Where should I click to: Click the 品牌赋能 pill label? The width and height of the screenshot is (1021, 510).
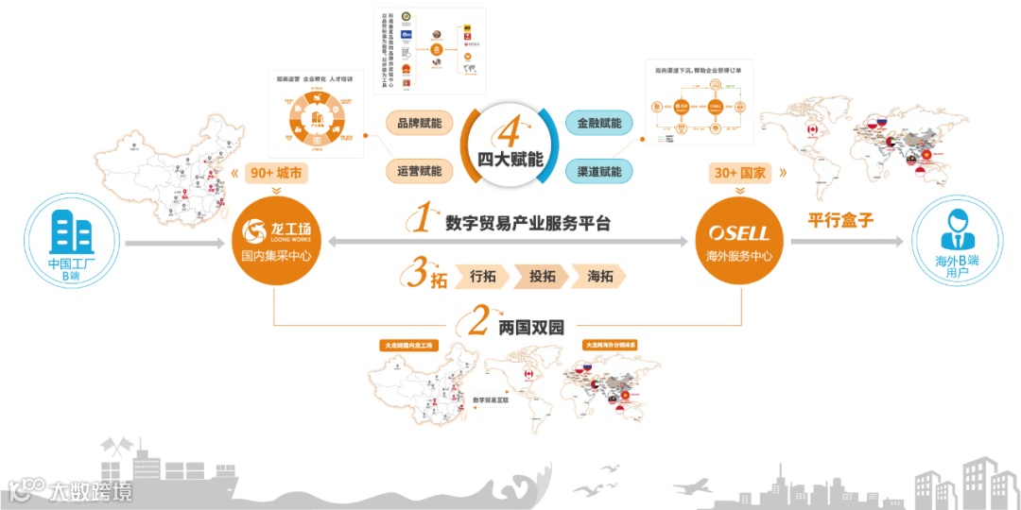pos(420,124)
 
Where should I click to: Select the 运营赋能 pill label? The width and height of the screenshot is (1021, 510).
pos(420,171)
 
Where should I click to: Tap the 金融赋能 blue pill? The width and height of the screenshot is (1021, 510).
pos(598,124)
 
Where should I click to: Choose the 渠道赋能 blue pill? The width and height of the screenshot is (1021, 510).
pos(598,171)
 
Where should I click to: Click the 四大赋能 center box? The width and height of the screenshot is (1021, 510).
pos(510,146)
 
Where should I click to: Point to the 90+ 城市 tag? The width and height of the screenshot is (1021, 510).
pos(274,174)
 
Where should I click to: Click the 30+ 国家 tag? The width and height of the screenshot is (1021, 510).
pos(740,174)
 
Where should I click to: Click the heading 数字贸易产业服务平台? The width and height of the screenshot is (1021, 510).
pos(528,224)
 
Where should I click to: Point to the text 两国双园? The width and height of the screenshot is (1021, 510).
pos(530,328)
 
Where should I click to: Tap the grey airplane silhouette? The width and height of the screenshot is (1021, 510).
pos(695,485)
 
